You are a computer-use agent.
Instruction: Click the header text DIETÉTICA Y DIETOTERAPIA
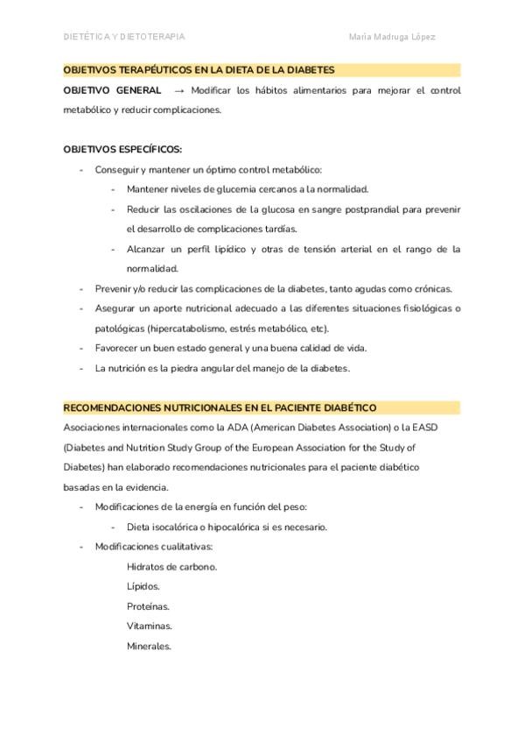click(x=124, y=37)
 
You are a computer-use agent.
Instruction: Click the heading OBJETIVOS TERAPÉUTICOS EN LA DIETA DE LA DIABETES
click(x=199, y=69)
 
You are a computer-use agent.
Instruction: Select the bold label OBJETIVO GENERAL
click(x=112, y=90)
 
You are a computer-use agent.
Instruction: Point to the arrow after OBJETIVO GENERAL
click(x=178, y=90)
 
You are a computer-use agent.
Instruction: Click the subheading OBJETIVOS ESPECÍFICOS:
click(x=122, y=149)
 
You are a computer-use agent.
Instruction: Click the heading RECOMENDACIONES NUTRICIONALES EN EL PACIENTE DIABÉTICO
click(x=220, y=407)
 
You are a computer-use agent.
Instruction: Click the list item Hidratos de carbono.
click(x=171, y=567)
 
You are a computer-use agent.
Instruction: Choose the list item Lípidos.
click(x=143, y=587)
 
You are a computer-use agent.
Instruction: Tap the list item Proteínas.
click(x=148, y=606)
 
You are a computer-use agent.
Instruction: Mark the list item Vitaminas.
click(x=149, y=626)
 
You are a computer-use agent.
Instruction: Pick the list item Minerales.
click(x=149, y=647)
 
